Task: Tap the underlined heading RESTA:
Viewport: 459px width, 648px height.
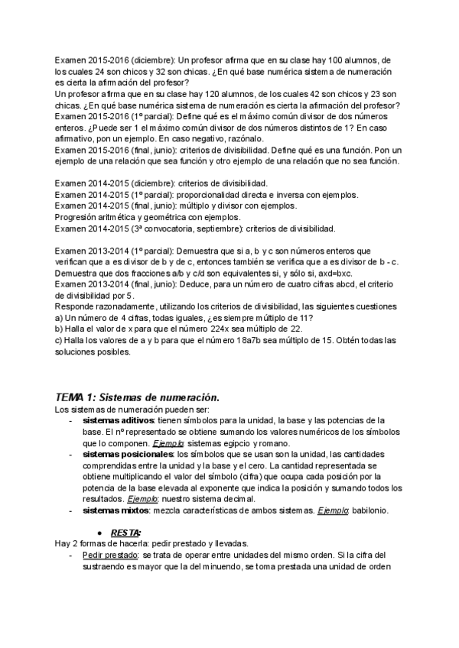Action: [127, 532]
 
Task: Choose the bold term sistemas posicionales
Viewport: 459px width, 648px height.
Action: [129, 454]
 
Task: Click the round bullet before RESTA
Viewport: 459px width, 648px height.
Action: [100, 532]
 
